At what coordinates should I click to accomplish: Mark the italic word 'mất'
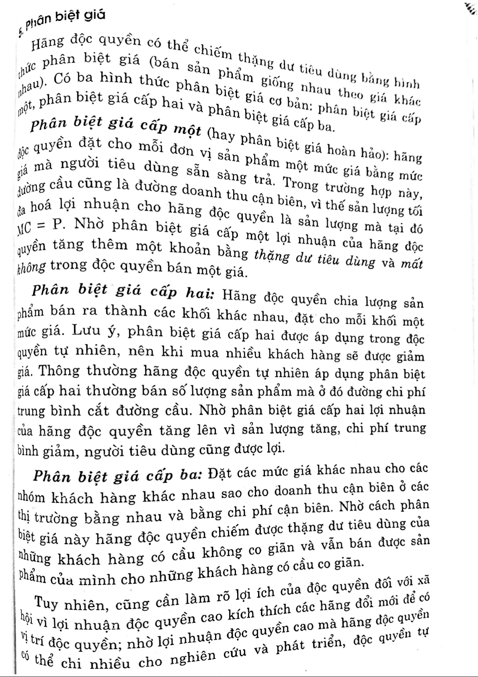coord(412,264)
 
